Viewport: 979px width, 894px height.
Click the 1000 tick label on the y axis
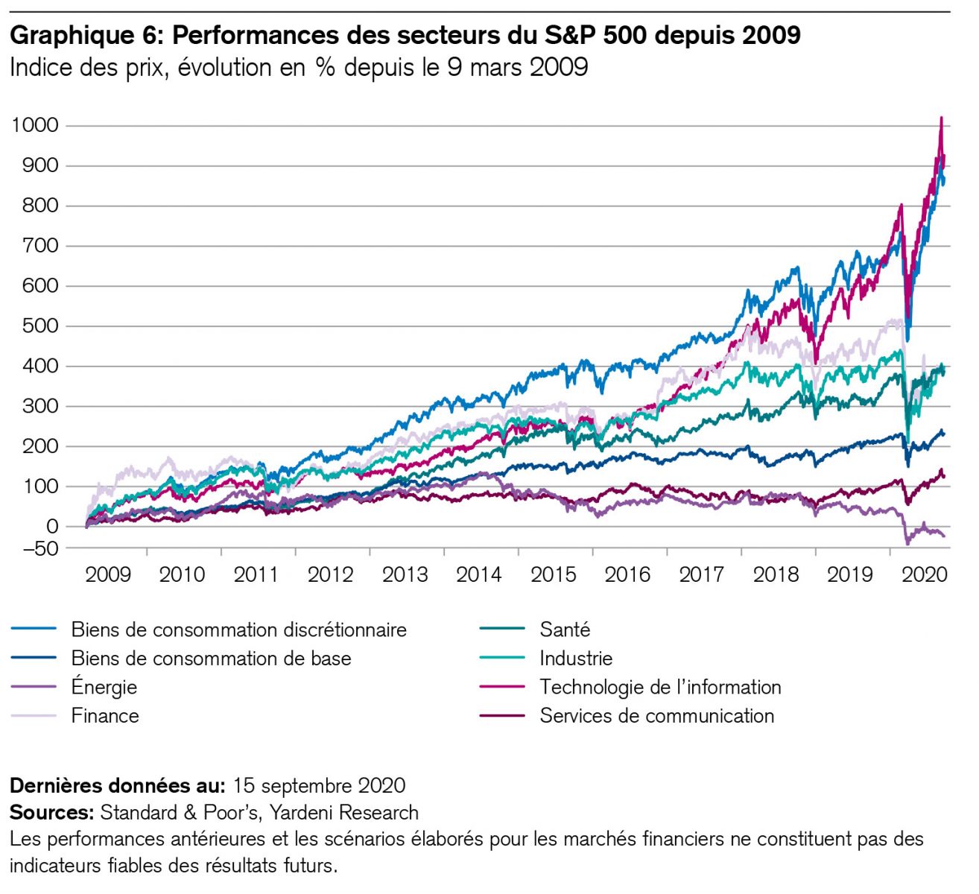34,125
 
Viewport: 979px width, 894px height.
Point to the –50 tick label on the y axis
36,549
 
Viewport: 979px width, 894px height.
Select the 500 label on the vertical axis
41,326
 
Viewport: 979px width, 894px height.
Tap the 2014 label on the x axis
479,574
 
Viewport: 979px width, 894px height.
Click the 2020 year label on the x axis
924,574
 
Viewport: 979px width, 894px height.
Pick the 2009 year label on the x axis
108,574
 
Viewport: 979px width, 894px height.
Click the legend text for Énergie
104,687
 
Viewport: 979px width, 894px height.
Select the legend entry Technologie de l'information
660,687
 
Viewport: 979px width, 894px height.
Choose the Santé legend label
565,630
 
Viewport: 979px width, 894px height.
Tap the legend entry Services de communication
656,716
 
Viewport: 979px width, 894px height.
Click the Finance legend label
105,716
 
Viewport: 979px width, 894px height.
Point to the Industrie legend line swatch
502,659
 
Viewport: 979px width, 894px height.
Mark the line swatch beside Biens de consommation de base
34,659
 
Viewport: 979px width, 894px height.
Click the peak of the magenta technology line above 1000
942,118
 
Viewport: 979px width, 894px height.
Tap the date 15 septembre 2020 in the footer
319,786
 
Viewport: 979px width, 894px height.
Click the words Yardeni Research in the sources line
343,812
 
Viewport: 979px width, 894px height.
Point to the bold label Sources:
51,812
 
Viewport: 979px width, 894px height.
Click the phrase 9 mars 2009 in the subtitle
518,68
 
